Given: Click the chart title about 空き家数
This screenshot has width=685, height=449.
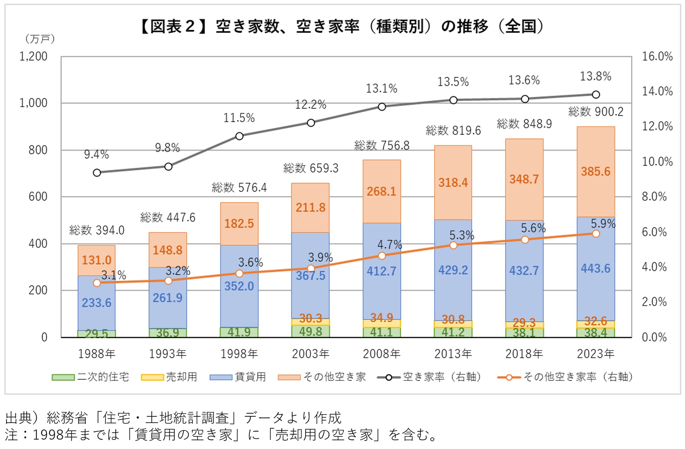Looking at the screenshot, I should click(342, 26).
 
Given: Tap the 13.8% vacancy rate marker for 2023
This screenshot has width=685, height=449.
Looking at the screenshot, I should click(596, 94).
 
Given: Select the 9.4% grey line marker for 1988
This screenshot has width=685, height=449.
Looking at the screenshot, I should click(97, 172).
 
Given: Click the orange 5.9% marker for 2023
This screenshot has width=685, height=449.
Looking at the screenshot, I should click(596, 234).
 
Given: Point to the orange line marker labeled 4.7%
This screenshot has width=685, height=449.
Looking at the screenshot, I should click(382, 256).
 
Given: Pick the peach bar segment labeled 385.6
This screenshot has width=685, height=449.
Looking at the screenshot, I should click(596, 172).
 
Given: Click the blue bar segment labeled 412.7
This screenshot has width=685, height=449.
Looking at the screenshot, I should click(382, 271).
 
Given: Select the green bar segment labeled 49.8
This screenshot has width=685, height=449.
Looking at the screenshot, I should click(311, 331).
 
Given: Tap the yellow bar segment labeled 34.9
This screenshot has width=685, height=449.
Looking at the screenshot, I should click(382, 323).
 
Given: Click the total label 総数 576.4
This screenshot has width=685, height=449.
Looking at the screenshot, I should click(239, 188).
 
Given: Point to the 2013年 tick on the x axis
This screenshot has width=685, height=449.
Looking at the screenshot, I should click(453, 354).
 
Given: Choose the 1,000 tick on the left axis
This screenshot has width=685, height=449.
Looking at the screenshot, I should click(33, 103).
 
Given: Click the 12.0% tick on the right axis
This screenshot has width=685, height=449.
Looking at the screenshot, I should click(657, 126).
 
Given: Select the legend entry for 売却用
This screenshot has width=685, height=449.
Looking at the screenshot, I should click(169, 377).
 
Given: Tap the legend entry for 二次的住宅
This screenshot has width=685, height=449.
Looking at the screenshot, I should click(91, 377).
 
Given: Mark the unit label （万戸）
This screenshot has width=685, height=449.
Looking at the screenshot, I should click(40, 39).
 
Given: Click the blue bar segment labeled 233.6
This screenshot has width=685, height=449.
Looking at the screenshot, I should click(97, 303).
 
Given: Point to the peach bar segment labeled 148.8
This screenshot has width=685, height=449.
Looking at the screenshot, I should click(168, 250).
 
